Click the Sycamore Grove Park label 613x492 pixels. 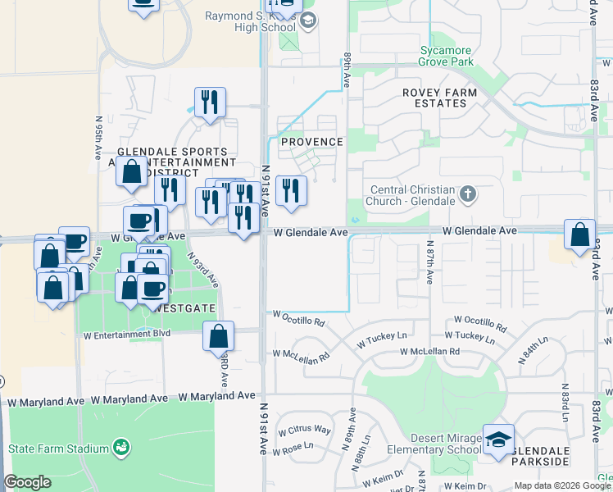coord(447,56)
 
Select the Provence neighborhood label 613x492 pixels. coord(312,142)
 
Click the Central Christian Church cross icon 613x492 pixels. coord(468,194)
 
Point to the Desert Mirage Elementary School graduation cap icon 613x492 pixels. coord(498,440)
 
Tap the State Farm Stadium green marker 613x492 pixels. coord(122,448)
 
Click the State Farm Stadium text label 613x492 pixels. coord(58,449)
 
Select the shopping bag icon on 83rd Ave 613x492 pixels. coord(580,235)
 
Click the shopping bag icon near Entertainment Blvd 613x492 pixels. coord(219,336)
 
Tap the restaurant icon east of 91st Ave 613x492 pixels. coord(291,191)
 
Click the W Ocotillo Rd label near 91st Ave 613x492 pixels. coord(298,315)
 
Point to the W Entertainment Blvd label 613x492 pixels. coord(127,334)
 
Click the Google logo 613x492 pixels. coord(28,482)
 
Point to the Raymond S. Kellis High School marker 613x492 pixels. coord(308,20)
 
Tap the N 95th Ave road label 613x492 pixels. coord(98,137)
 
